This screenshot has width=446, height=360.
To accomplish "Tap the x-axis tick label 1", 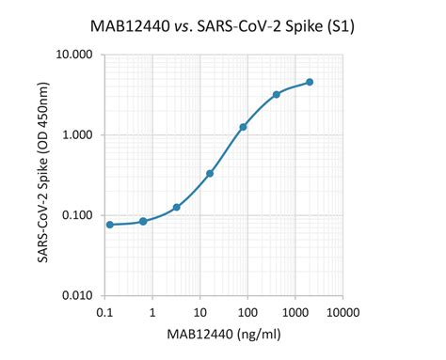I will point(151,311).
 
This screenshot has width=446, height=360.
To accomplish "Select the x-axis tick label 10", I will point(199,311).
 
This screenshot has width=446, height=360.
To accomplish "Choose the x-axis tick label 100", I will point(246,311).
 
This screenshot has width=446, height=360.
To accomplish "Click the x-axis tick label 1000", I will point(293,311).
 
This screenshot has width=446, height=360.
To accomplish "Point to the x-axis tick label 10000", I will point(340,311).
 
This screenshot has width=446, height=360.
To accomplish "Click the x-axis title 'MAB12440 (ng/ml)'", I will point(222,334).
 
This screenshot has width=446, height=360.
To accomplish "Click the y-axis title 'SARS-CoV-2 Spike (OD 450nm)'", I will point(44,176).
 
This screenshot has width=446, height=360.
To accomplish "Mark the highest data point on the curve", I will point(310,83).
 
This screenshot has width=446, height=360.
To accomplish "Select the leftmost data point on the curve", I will point(110,225).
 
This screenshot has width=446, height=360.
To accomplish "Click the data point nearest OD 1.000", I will point(243,127).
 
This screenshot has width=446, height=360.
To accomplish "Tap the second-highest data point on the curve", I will point(277,95).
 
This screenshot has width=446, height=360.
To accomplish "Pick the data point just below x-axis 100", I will point(243,127).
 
